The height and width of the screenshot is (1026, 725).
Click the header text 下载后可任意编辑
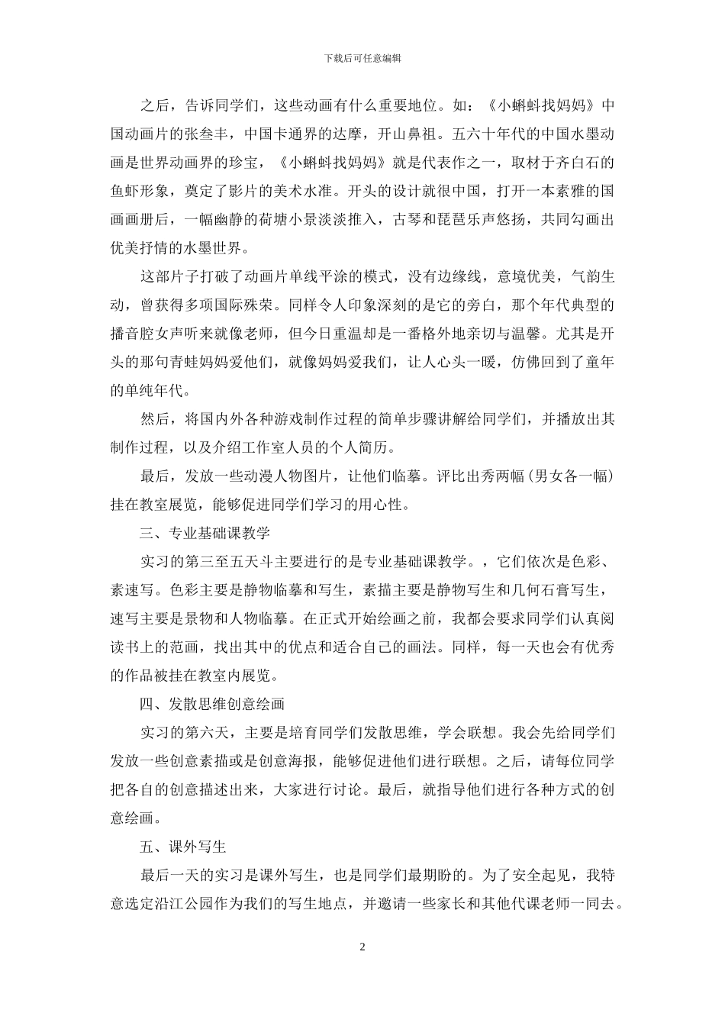(362, 57)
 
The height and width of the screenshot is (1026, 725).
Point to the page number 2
(362, 947)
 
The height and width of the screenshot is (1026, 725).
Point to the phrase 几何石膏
(538, 589)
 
